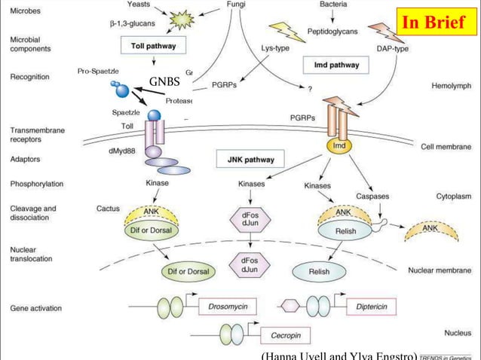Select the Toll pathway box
(158, 46)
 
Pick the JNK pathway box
(250, 160)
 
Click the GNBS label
(164, 81)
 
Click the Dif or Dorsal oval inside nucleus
(188, 270)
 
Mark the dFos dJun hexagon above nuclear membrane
(250, 219)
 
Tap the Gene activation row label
(35, 308)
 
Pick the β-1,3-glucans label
(124, 24)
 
